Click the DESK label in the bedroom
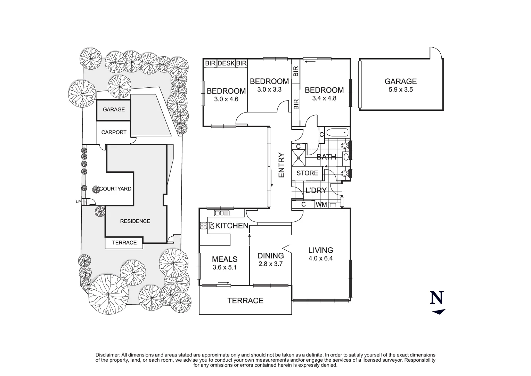(x=226, y=63)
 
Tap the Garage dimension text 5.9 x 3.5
(x=400, y=89)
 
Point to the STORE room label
(x=307, y=173)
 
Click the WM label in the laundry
(x=321, y=205)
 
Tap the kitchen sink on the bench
(x=220, y=213)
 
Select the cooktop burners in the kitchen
(x=203, y=226)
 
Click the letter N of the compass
(x=437, y=298)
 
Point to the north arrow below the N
(x=439, y=312)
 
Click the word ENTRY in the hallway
(x=281, y=165)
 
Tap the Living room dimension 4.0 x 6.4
(x=320, y=258)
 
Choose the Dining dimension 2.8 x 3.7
(x=270, y=264)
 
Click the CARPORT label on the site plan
(x=114, y=132)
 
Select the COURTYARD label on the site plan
(x=115, y=189)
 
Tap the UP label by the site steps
(x=79, y=202)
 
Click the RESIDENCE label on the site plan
(x=135, y=221)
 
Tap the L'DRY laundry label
(x=316, y=190)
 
